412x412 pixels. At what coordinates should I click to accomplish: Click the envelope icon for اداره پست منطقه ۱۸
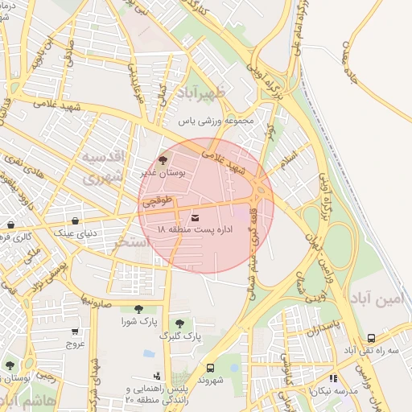point(196,217)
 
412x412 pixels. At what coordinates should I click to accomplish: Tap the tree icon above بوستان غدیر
point(165,159)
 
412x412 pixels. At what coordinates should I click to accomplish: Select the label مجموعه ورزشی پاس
point(216,122)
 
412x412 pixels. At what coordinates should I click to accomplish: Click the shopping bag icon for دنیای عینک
point(75,221)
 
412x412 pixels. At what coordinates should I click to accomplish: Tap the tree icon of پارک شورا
point(139,308)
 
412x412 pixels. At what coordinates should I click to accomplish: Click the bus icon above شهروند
point(211,367)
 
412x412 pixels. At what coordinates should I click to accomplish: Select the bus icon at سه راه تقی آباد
point(371,339)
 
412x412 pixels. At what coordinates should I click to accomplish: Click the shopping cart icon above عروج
point(75,331)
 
